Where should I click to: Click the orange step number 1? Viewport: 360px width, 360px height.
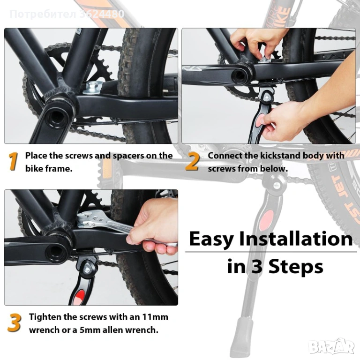pyautogui.click(x=13, y=161)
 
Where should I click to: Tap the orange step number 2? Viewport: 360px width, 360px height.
pyautogui.click(x=192, y=161)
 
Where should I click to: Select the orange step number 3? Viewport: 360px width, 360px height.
pyautogui.click(x=15, y=323)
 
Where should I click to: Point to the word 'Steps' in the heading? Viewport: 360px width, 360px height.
pyautogui.click(x=296, y=267)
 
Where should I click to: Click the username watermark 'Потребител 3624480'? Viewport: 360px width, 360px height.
pyautogui.click(x=67, y=14)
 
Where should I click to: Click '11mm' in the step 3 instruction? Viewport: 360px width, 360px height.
pyautogui.click(x=155, y=317)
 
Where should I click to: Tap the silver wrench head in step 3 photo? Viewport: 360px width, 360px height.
pyautogui.click(x=90, y=220)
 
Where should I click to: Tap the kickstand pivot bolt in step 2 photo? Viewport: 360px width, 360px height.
pyautogui.click(x=267, y=97)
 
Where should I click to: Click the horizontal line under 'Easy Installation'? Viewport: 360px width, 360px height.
pyautogui.click(x=270, y=252)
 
